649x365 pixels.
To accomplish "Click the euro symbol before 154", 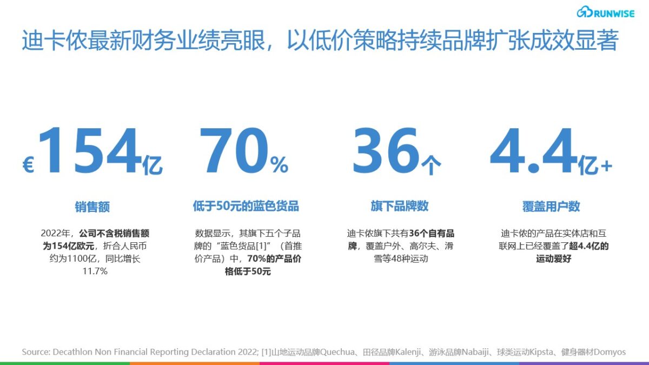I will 28,165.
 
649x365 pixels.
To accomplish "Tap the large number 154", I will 89,151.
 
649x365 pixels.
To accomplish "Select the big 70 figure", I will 234,151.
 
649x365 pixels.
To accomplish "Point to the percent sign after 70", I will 279,164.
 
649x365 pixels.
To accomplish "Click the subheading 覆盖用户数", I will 551,206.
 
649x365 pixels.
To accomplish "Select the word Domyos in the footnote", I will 610,352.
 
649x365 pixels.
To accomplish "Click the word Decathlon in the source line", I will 73,352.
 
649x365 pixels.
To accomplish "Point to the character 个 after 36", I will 431,165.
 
